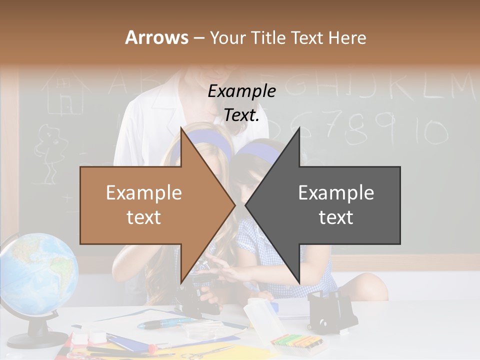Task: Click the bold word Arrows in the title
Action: [x=157, y=37]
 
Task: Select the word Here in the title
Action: [x=347, y=37]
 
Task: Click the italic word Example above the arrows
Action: [x=241, y=91]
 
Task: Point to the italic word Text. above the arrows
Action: [x=241, y=115]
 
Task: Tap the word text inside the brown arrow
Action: [x=143, y=217]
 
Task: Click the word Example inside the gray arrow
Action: [x=336, y=193]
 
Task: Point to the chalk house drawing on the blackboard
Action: [x=62, y=95]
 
